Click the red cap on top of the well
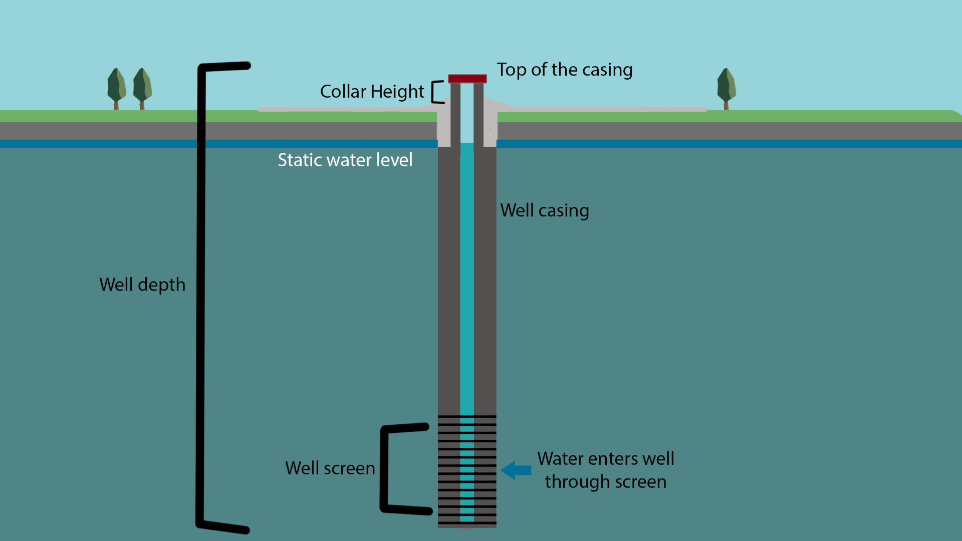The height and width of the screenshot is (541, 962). (467, 79)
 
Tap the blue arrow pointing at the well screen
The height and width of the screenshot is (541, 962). (516, 470)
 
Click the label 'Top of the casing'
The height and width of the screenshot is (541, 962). (564, 70)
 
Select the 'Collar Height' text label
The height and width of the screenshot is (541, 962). (372, 92)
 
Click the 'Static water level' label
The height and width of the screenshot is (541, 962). (345, 160)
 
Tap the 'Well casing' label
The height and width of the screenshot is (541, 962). (545, 210)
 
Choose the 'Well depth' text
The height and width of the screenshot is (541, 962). (142, 285)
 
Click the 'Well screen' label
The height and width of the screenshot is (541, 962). (330, 468)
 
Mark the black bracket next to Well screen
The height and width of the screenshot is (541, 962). (385, 468)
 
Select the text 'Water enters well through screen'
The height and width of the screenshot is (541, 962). (605, 470)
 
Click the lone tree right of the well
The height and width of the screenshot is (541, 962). (726, 87)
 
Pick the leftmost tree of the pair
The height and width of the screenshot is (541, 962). (116, 87)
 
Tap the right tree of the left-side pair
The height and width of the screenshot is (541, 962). (142, 87)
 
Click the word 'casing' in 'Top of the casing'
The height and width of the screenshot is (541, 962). (607, 70)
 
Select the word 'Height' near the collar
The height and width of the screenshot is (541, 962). (397, 92)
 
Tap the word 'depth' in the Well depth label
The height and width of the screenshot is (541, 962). (161, 285)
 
